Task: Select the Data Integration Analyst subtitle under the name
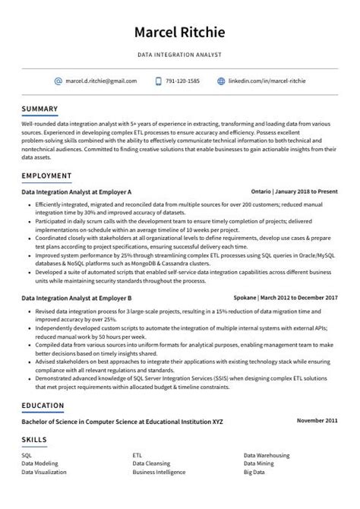click(179, 55)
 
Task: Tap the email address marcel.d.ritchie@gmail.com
click(101, 81)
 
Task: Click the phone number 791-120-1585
click(183, 81)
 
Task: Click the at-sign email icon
click(58, 81)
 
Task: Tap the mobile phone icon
click(158, 81)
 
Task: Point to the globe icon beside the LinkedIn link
click(221, 81)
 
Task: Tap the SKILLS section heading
click(34, 439)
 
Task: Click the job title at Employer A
click(77, 192)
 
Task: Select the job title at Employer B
click(77, 298)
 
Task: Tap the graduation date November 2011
click(317, 420)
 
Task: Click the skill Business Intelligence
click(159, 471)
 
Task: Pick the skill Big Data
click(255, 471)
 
